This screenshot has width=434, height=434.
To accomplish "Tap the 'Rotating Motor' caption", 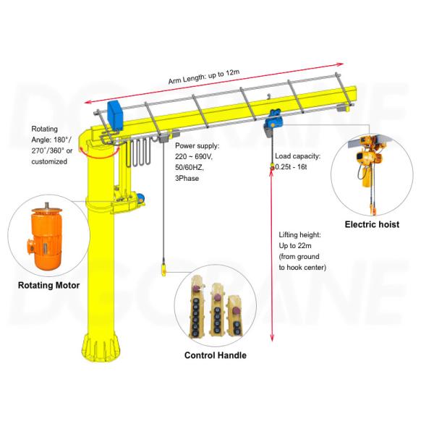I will point(48,285).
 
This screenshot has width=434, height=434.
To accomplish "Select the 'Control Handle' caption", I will point(215,355).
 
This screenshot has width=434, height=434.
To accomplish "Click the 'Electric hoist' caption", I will point(372,224).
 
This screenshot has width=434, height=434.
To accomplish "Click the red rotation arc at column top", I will point(98,148).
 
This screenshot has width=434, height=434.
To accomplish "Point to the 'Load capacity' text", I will point(297,155).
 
